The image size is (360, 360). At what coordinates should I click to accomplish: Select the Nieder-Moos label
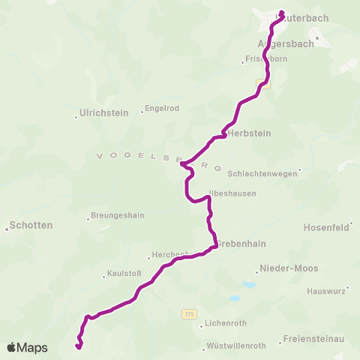point(283,268)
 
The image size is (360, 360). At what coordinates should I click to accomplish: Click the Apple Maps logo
point(27,347)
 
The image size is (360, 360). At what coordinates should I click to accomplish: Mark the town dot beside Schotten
point(7,229)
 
